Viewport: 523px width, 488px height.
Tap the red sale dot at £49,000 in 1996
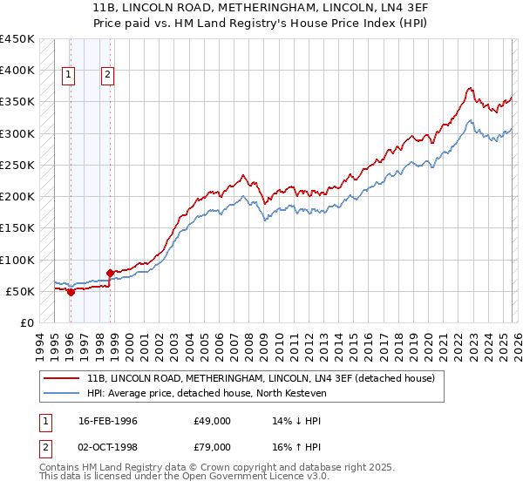71,292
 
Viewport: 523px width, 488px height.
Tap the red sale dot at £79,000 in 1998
110,273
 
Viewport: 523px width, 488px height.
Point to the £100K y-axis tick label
17,260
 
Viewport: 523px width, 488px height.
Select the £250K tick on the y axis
17,165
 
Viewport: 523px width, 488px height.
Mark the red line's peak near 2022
469,87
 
